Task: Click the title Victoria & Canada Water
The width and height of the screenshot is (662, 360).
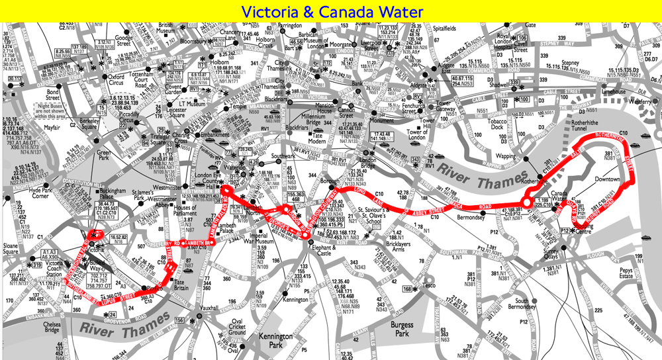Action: point(330,11)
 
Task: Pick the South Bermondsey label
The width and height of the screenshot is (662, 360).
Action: point(512,305)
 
